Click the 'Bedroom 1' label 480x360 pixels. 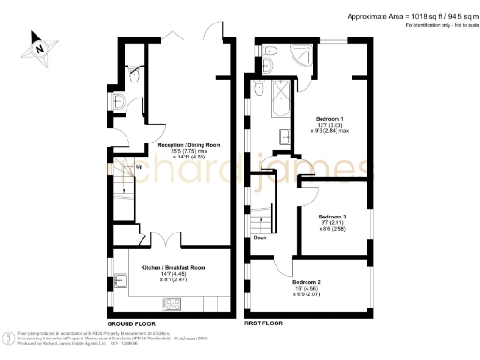coord(329,120)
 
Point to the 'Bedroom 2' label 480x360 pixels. coord(307,282)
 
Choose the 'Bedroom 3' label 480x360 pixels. coord(333,216)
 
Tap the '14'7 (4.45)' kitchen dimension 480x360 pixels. coord(173,273)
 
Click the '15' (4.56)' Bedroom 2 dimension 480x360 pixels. coord(307,289)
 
